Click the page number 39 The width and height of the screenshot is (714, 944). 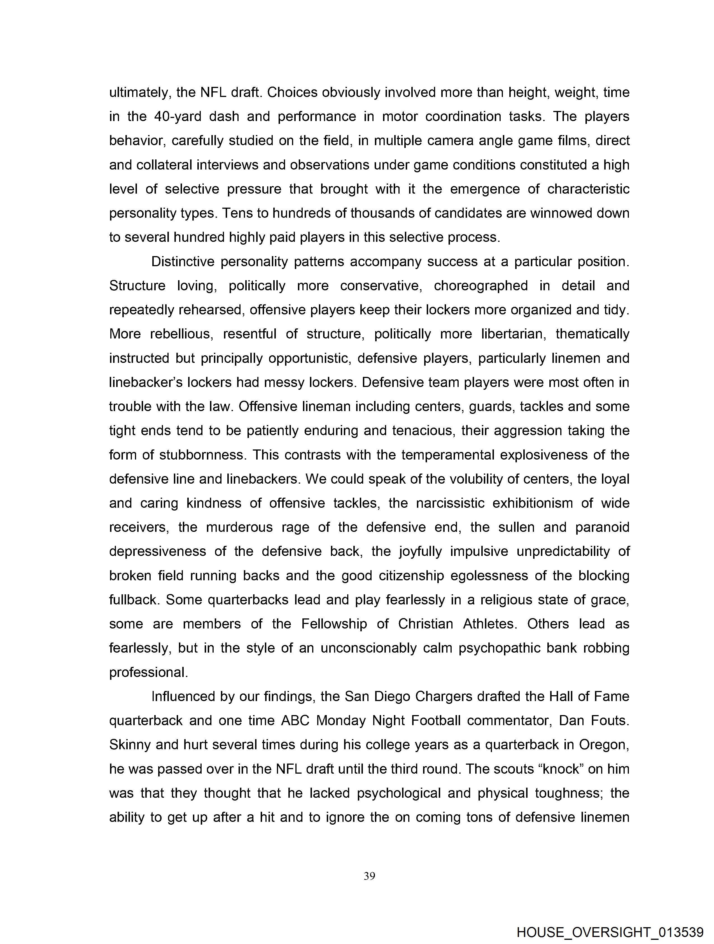point(369,876)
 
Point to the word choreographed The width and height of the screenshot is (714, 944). point(481,286)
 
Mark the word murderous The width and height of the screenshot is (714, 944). point(239,527)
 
